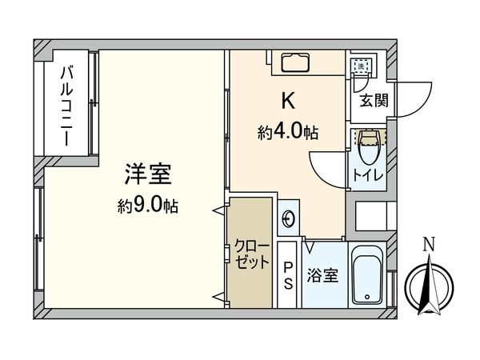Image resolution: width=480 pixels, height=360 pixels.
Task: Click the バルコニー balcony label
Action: point(68,104)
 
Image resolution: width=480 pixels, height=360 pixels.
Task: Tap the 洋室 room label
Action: point(147,174)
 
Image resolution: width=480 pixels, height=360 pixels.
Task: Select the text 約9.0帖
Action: point(147,206)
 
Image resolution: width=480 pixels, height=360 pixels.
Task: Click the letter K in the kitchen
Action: point(286,101)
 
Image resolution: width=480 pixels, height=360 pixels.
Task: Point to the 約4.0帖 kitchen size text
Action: point(288,133)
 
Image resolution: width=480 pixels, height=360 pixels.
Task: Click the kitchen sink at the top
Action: point(291,62)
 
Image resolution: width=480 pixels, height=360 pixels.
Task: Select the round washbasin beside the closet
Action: point(290,218)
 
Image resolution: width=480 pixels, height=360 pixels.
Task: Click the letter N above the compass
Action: point(429,244)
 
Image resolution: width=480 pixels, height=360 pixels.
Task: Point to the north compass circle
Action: point(429,284)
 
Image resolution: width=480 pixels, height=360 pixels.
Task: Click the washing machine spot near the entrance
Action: point(362,63)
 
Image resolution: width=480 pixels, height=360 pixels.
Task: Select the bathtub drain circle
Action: point(369,298)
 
